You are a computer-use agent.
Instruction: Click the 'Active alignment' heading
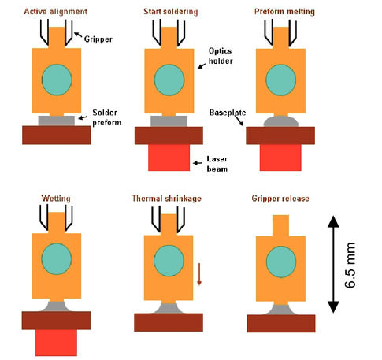pyautogui.click(x=55, y=12)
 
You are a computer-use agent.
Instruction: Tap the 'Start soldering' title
pyautogui.click(x=171, y=12)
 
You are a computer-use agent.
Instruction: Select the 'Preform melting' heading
pyautogui.click(x=284, y=12)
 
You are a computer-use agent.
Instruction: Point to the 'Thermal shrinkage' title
pyautogui.click(x=166, y=199)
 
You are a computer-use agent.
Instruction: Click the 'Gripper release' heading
pyautogui.click(x=280, y=199)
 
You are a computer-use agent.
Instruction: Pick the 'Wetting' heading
pyautogui.click(x=56, y=199)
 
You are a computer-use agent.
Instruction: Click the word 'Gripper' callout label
pyautogui.click(x=98, y=39)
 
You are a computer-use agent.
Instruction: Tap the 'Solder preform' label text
pyautogui.click(x=107, y=117)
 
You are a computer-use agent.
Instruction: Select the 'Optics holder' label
pyautogui.click(x=221, y=56)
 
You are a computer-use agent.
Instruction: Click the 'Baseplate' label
pyautogui.click(x=228, y=113)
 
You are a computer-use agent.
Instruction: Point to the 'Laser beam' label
pyautogui.click(x=217, y=164)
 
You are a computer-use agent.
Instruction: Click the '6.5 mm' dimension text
pyautogui.click(x=350, y=265)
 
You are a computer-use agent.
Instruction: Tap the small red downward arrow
pyautogui.click(x=199, y=274)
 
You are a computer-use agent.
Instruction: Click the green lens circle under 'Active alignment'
pyautogui.click(x=57, y=80)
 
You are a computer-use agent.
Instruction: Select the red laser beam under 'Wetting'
pyautogui.click(x=56, y=343)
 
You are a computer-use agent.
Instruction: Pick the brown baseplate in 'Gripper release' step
pyautogui.click(x=281, y=324)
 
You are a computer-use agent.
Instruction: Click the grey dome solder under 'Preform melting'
pyautogui.click(x=281, y=121)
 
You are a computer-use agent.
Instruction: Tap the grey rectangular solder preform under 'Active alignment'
pyautogui.click(x=57, y=121)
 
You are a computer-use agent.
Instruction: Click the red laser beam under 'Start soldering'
pyautogui.click(x=169, y=158)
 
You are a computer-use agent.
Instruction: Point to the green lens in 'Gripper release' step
pyautogui.click(x=281, y=262)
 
